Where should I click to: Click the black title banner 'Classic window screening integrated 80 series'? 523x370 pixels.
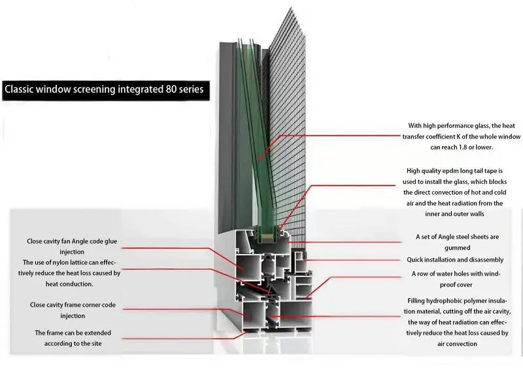click(x=105, y=89)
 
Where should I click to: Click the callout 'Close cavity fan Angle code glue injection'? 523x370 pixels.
click(x=72, y=245)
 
